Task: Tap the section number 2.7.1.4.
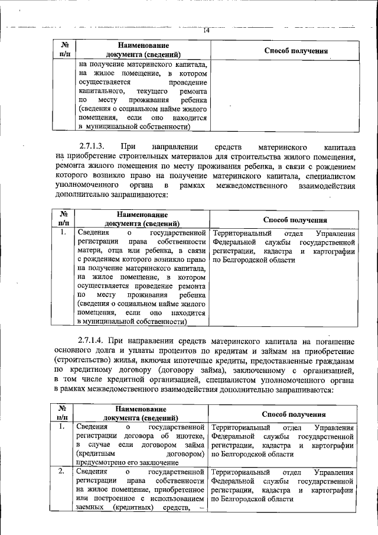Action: coord(94,341)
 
